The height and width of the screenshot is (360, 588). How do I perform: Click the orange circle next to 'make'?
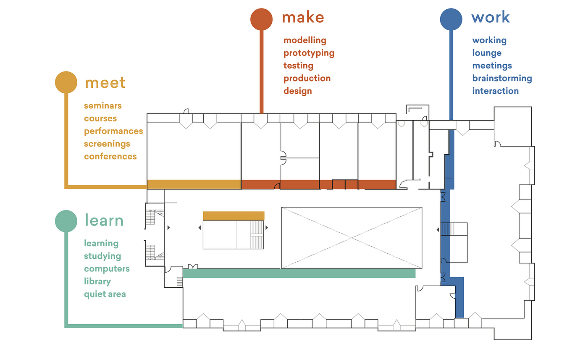point(261,19)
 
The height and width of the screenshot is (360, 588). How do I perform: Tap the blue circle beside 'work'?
point(451,19)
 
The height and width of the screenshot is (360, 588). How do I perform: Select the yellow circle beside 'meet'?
point(66,82)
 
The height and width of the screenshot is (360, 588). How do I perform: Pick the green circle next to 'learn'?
point(66,221)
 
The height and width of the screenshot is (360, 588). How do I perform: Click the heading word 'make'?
point(303,18)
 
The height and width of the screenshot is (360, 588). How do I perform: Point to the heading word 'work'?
point(490,18)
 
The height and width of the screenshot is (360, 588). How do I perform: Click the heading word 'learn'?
point(104,220)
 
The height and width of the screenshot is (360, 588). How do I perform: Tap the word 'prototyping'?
point(309,53)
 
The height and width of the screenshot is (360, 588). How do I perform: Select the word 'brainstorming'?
point(502,78)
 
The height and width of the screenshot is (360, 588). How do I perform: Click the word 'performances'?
point(113,131)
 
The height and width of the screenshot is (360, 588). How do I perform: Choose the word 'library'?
point(97,281)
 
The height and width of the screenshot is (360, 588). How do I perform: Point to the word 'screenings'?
point(107,144)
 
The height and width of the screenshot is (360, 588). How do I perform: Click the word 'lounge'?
point(487,53)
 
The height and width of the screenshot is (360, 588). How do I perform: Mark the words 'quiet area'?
point(105,294)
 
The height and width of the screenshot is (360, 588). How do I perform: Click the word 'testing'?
point(298,66)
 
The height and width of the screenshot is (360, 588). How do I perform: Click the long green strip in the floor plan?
point(299,273)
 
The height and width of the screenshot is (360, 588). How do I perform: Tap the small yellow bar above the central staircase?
point(234,216)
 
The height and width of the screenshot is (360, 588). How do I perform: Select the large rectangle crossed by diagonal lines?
point(352,238)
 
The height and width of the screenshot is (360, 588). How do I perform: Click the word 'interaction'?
point(495,91)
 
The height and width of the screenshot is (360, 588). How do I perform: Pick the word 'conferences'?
point(110,156)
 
